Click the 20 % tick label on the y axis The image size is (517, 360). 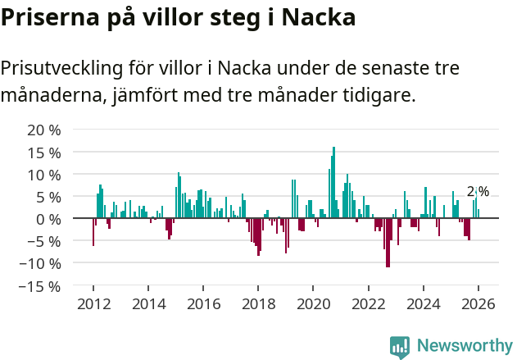pos(43,130)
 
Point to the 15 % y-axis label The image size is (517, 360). pos(43,153)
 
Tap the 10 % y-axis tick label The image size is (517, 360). pos(43,175)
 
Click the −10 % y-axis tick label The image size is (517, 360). pos(40,263)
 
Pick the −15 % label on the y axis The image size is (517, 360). pos(40,286)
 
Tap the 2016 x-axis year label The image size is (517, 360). pos(203,303)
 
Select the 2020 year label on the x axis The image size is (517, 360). pos(313,303)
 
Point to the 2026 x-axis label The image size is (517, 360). pos(478,303)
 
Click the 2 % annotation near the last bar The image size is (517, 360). pos(478,192)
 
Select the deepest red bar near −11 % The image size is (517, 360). pos(388,243)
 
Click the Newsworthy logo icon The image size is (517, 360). pos(400,346)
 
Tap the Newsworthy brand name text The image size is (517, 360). pos(465,346)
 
